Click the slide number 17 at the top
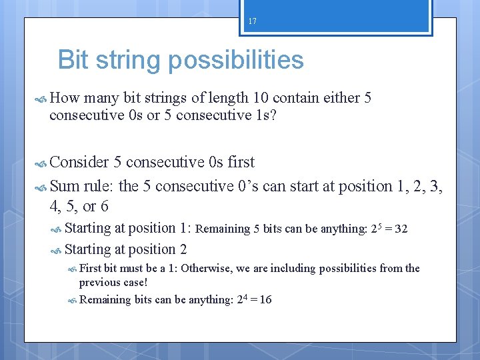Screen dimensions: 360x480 click(x=252, y=21)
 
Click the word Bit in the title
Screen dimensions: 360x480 click(x=75, y=60)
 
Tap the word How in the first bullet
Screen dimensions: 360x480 click(x=64, y=99)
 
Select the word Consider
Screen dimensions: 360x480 click(x=79, y=162)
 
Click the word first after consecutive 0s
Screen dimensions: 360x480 click(x=241, y=162)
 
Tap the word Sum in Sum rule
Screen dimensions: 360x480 click(x=65, y=186)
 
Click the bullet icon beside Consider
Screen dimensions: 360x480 click(x=40, y=163)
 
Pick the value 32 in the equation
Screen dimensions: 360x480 click(x=401, y=229)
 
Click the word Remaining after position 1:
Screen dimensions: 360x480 click(x=223, y=229)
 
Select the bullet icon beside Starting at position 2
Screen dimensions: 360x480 click(x=56, y=251)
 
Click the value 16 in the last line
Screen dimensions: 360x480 click(x=265, y=300)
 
